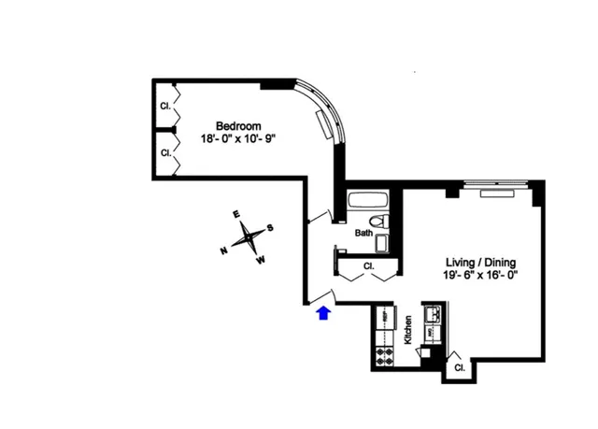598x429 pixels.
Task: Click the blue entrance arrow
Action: coord(324,312)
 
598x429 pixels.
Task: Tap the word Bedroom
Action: coord(238,125)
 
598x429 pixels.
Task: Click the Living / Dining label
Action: coord(480,263)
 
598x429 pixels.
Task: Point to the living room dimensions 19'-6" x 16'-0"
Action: coord(480,276)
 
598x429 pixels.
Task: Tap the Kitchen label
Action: coord(408,331)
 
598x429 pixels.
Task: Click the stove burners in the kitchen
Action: coord(383,356)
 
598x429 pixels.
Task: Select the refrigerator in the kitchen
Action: coord(383,319)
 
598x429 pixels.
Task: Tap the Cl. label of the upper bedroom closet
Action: coord(165,105)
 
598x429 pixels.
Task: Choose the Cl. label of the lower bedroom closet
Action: coord(165,151)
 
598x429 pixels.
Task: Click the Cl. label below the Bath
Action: coord(368,266)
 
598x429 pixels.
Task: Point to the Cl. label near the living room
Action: coord(459,368)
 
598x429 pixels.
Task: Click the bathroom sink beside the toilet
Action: coord(382,244)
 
